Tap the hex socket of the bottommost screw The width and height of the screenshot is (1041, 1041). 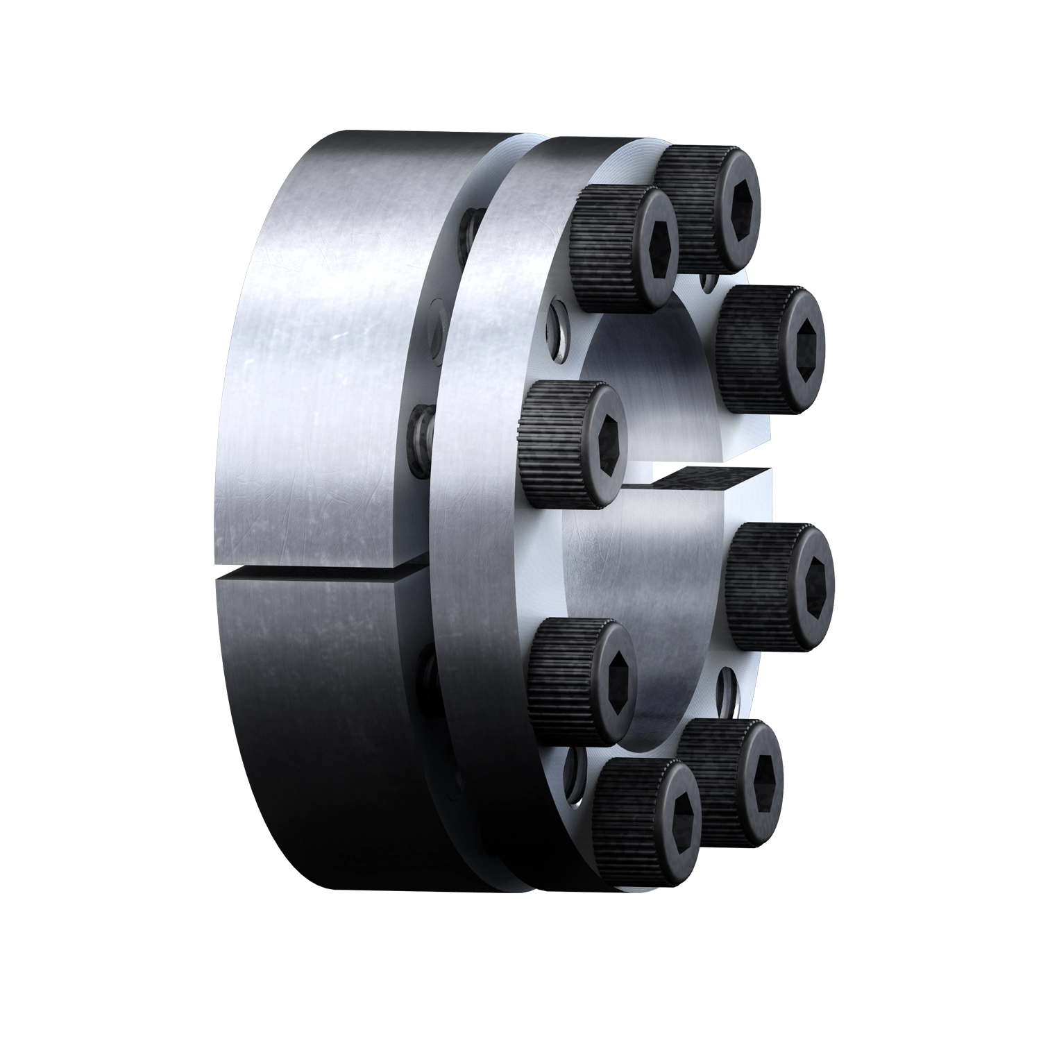(675, 813)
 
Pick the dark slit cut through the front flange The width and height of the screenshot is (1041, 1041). (701, 479)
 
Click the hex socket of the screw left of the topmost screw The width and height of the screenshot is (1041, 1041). (655, 251)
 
